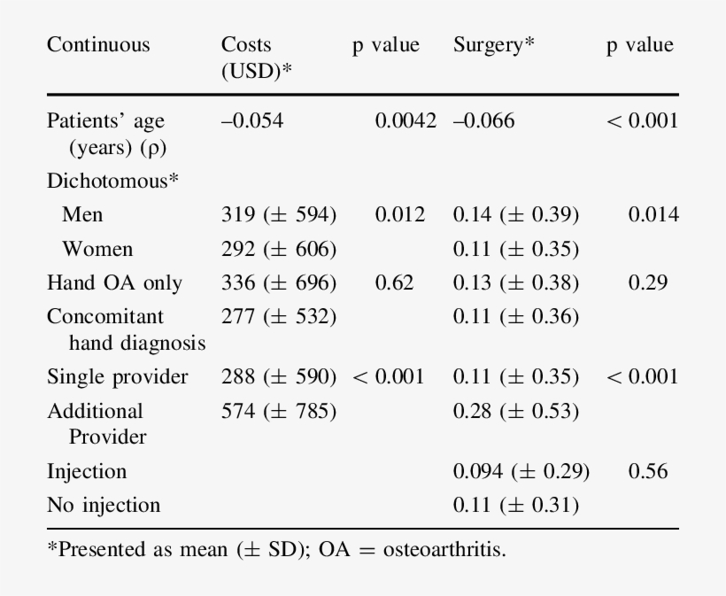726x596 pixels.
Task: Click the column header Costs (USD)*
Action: click(x=257, y=57)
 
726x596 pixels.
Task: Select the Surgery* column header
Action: click(x=494, y=45)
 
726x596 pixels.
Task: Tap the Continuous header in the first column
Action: click(x=98, y=45)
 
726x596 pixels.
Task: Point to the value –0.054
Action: click(x=252, y=121)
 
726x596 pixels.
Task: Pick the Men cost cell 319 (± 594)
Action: click(x=278, y=214)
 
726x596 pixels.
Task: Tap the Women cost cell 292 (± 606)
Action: click(x=278, y=249)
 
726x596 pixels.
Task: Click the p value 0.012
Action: click(x=400, y=214)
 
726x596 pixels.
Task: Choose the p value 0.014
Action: click(x=653, y=214)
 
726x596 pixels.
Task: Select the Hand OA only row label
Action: click(x=114, y=283)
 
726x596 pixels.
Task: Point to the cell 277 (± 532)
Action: click(x=278, y=316)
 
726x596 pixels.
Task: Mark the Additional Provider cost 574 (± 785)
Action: click(x=278, y=412)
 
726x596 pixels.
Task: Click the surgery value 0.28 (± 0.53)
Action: click(x=515, y=412)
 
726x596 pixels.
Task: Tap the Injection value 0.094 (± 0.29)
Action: click(x=521, y=472)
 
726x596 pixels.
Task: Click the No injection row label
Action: click(x=104, y=506)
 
